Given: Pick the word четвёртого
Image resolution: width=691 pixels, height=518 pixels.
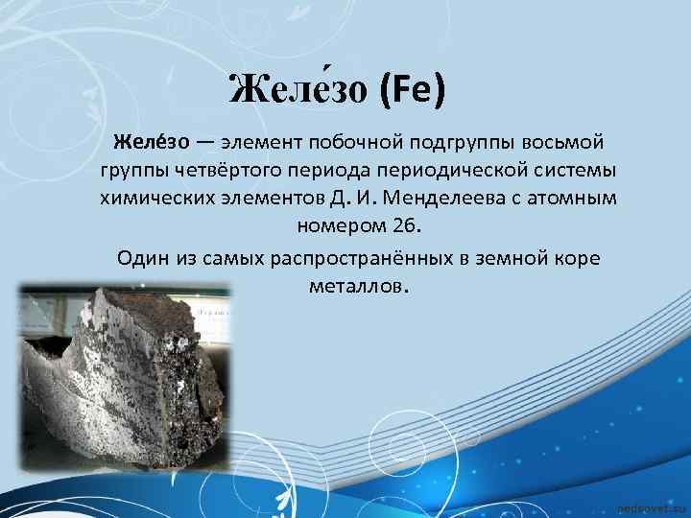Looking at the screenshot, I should pos(214,171).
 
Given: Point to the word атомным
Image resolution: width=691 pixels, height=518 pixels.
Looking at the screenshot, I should pos(567,200).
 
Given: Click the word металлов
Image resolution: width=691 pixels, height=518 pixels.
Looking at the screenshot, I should pos(357,286).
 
